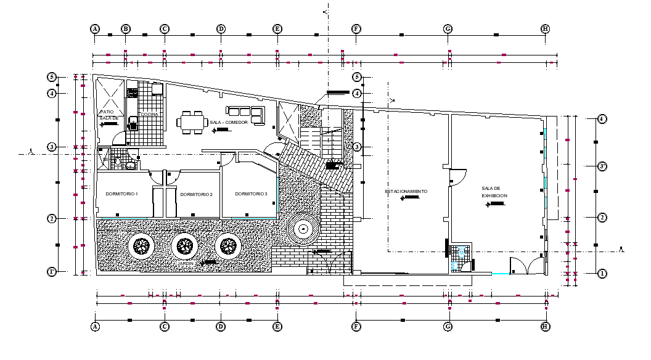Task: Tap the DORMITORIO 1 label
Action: click(x=121, y=194)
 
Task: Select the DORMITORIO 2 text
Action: click(x=196, y=195)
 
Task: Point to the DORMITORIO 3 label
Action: click(x=251, y=194)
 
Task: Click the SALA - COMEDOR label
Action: click(x=229, y=122)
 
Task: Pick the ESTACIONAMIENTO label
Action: click(x=406, y=191)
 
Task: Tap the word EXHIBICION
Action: click(x=494, y=195)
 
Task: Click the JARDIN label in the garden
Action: click(x=186, y=263)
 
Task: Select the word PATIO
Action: click(x=106, y=112)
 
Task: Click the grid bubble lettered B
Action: click(x=125, y=29)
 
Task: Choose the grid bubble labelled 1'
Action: click(x=52, y=271)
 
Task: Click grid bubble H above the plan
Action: click(x=545, y=29)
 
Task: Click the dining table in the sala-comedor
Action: click(x=192, y=121)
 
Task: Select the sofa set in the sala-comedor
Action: click(x=246, y=113)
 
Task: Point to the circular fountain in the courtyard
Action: click(x=303, y=229)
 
